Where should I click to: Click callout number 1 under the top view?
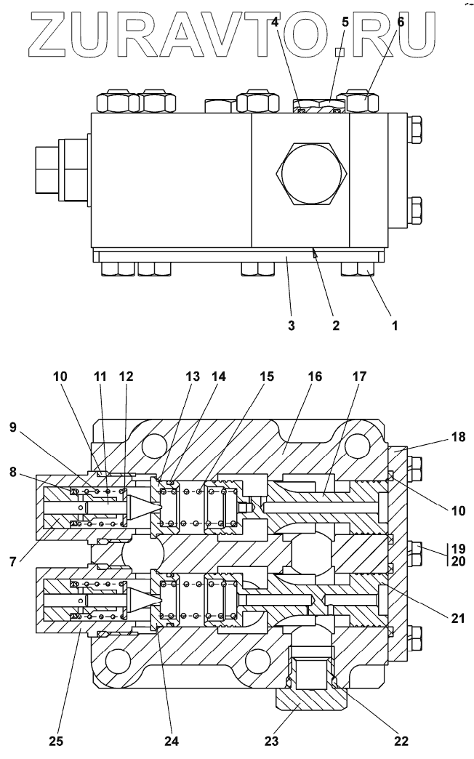tap(395, 326)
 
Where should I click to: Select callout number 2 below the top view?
tap(336, 326)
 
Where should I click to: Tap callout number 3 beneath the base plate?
tap(291, 326)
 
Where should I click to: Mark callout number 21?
tap(456, 619)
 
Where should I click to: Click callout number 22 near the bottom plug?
tap(401, 742)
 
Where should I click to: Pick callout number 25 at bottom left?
tap(57, 742)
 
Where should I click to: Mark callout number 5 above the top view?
tap(345, 22)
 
